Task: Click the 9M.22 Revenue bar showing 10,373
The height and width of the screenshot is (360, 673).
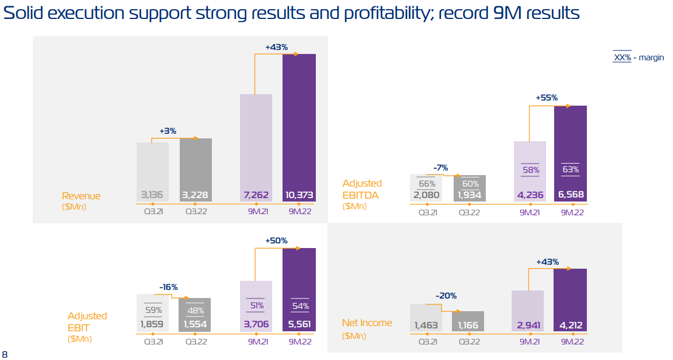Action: [299, 127]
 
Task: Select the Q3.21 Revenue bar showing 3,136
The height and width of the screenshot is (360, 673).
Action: [153, 172]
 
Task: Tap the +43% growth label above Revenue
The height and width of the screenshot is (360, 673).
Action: [276, 47]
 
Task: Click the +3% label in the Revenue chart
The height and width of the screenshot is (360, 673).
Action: [168, 131]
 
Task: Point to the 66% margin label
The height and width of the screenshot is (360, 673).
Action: [427, 184]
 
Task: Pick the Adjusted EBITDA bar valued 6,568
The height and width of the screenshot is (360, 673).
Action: [570, 153]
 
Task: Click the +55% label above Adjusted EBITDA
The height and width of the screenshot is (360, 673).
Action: [547, 98]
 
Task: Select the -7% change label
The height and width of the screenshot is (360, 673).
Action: [441, 168]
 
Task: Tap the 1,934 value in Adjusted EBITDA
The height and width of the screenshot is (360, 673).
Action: [470, 195]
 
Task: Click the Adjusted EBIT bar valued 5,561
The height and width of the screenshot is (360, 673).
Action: [299, 289]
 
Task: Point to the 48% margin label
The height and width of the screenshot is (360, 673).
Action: [195, 311]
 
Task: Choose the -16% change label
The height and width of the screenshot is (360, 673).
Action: [169, 287]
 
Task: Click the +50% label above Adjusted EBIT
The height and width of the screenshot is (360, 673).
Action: [276, 241]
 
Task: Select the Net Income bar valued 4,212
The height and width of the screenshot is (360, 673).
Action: [570, 300]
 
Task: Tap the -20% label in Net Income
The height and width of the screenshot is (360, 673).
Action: [446, 296]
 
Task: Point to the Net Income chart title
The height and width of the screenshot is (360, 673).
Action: [367, 323]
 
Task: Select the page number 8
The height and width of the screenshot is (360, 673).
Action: [5, 354]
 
